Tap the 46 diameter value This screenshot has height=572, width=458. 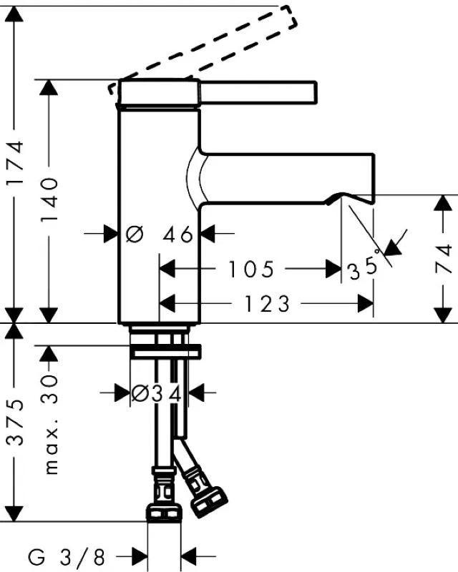click(x=178, y=234)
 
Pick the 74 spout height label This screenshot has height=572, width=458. click(x=444, y=258)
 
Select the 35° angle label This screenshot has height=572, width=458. click(x=364, y=267)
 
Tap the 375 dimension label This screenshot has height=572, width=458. click(x=16, y=423)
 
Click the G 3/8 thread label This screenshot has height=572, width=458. click(x=67, y=556)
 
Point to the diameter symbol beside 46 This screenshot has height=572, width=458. click(x=135, y=234)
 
